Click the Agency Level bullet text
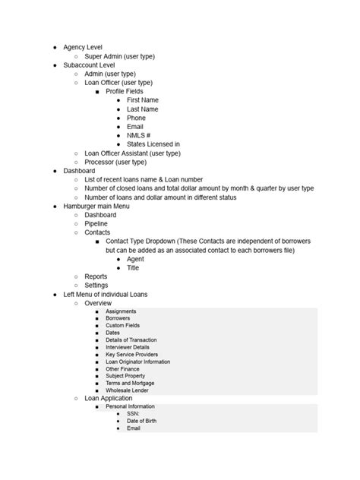[83, 47]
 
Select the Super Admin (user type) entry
[119, 56]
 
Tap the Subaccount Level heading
[89, 65]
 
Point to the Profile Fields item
[124, 91]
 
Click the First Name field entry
[143, 100]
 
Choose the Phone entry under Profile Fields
[136, 118]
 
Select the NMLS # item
[138, 135]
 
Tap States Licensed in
[153, 144]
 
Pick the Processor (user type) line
[115, 162]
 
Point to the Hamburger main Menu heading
[96, 206]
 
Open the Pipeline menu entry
[96, 223]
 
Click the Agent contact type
[135, 259]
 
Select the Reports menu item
[96, 276]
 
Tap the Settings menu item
[96, 286]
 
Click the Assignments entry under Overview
[121, 311]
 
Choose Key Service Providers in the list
[131, 355]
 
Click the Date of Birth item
[141, 421]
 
